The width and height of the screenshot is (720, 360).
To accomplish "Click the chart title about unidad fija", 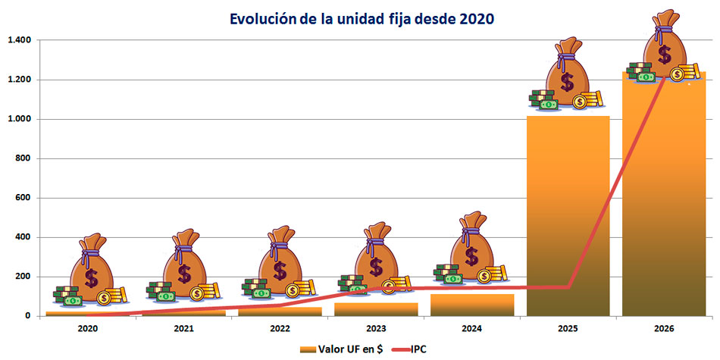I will pos(359,18).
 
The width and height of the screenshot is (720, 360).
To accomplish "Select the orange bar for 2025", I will pos(568,220).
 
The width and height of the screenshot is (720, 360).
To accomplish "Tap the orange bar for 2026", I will pos(663,205).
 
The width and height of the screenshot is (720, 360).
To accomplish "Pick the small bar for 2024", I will pos(471,305).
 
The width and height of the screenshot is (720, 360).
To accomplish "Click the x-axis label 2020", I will pos(88,328).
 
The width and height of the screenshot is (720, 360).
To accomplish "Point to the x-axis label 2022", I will pos(280,328).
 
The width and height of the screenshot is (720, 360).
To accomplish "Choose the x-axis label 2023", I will pos(376,328).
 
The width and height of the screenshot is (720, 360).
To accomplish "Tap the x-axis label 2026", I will pos(663,328).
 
